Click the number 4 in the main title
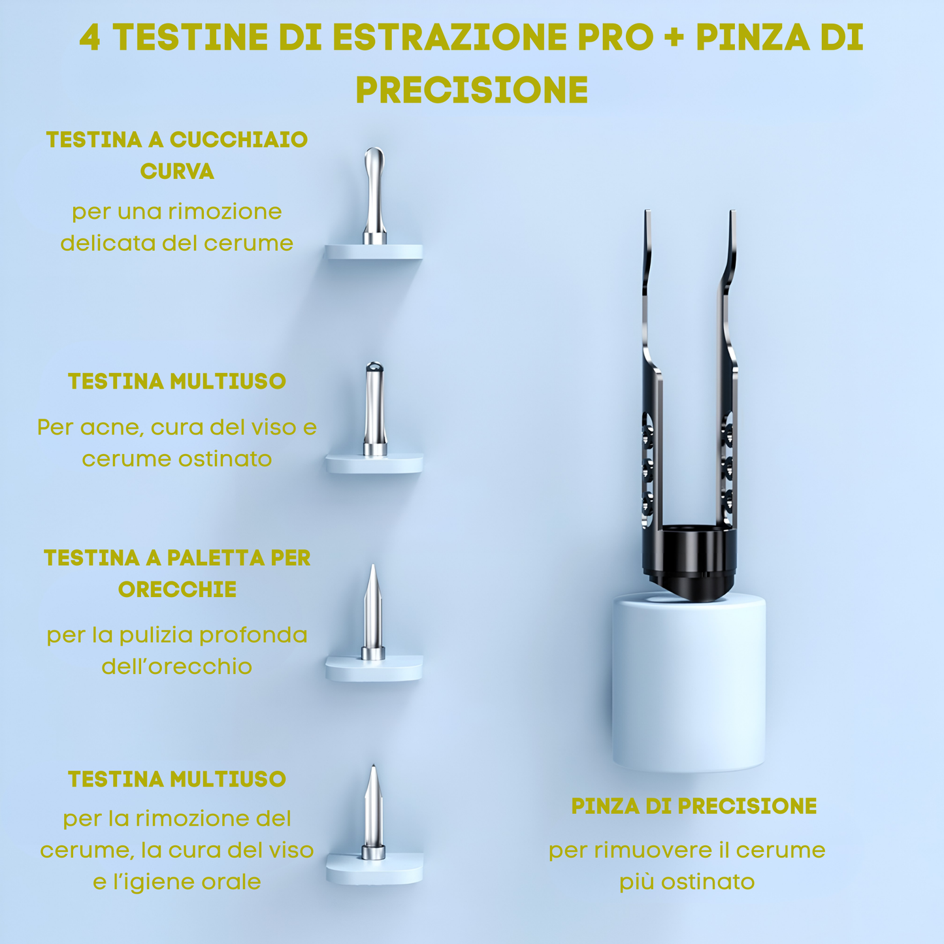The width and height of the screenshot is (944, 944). [x=90, y=38]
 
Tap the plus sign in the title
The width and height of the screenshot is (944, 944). [x=675, y=38]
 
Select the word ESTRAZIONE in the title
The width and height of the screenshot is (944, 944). [x=449, y=38]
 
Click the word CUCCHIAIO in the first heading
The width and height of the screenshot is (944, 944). [x=238, y=140]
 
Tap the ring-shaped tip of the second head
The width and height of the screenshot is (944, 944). [x=375, y=366]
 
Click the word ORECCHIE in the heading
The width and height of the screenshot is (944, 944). [x=177, y=589]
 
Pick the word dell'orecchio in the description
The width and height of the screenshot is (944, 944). [x=177, y=667]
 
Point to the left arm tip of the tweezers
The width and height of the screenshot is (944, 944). [x=647, y=212]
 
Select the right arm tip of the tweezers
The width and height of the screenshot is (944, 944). [x=732, y=212]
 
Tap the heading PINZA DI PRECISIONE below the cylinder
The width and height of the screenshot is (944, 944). [x=694, y=806]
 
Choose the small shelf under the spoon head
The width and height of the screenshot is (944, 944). [x=374, y=252]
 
